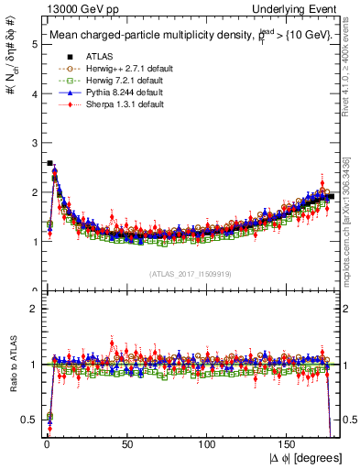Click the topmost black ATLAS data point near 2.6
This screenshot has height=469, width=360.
point(49,163)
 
